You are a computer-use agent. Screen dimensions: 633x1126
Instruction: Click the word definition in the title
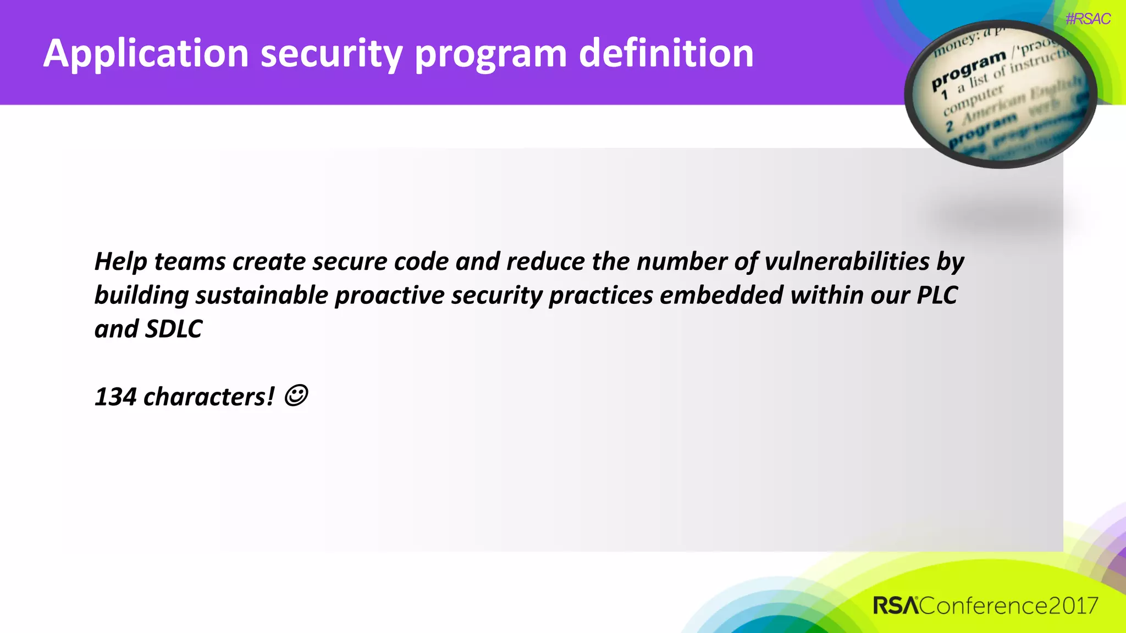click(x=666, y=54)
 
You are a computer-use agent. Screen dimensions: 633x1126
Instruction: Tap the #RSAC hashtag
click(x=1088, y=19)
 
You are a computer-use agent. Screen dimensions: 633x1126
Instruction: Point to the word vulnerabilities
click(x=847, y=262)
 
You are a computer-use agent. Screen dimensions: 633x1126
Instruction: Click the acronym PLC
click(x=937, y=296)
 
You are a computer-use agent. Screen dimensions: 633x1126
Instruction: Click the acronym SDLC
click(x=174, y=329)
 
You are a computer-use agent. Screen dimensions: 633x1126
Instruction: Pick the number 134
click(x=115, y=397)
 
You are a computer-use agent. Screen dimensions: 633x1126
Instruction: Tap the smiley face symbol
click(x=296, y=396)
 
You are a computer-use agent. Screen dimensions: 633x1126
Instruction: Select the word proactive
click(x=390, y=296)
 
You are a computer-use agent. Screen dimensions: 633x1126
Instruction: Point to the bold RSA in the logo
click(x=895, y=606)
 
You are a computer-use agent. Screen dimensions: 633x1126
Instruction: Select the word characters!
click(x=209, y=397)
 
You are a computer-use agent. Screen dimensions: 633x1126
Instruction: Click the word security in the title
click(x=332, y=54)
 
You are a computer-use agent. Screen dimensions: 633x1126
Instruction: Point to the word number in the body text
click(x=682, y=262)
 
